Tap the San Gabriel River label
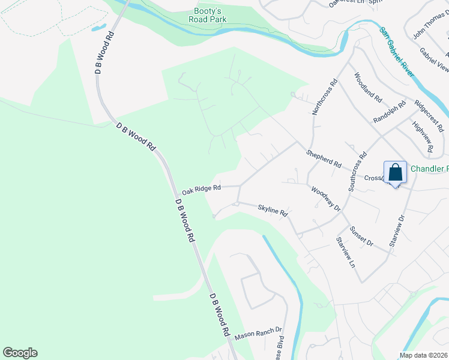[x=397, y=50]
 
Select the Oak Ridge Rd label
[x=202, y=188]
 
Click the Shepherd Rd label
[x=324, y=159]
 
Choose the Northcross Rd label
[x=325, y=97]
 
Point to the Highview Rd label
[x=423, y=136]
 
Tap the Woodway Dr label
[x=326, y=199]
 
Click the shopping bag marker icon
[x=396, y=173]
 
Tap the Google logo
[x=20, y=353]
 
